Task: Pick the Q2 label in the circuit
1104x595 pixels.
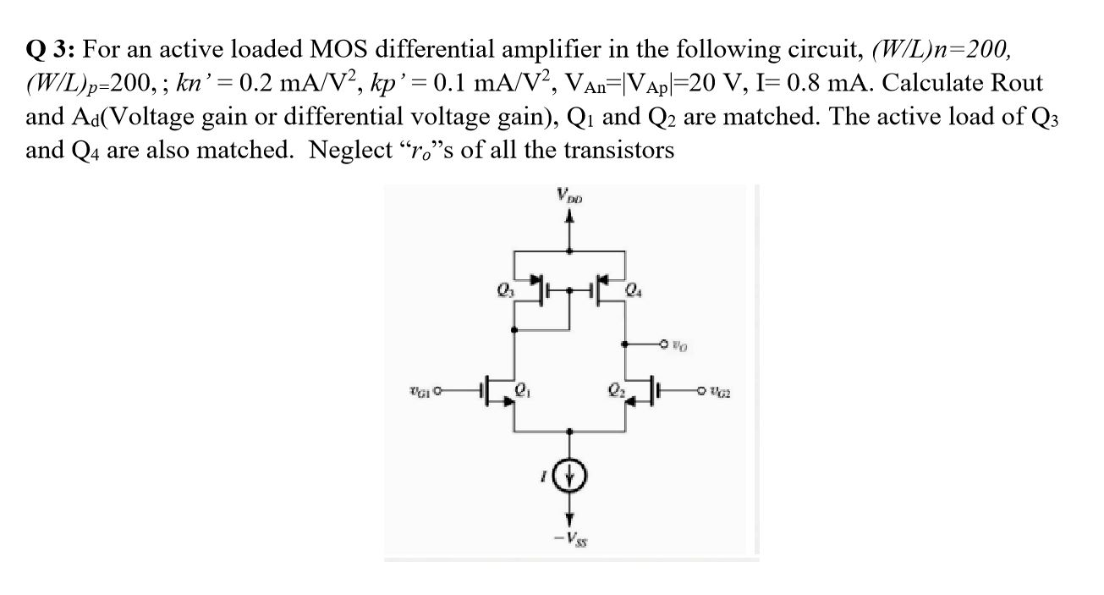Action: coord(617,391)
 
